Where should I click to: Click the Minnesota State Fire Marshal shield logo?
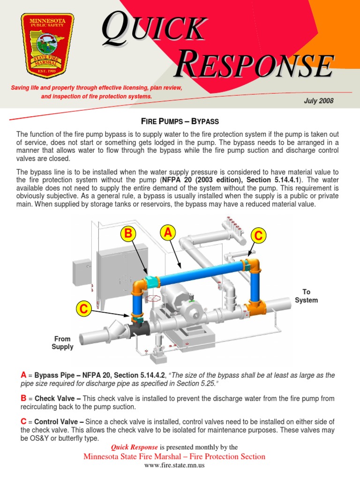coord(47,45)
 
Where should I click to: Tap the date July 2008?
coord(319,101)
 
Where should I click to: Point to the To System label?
coord(306,296)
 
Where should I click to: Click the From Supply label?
coord(62,343)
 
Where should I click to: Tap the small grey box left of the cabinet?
coord(82,272)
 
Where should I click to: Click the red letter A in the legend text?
coord(23,375)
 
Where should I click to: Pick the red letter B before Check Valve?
coord(23,398)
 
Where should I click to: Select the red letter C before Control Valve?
coord(23,421)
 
